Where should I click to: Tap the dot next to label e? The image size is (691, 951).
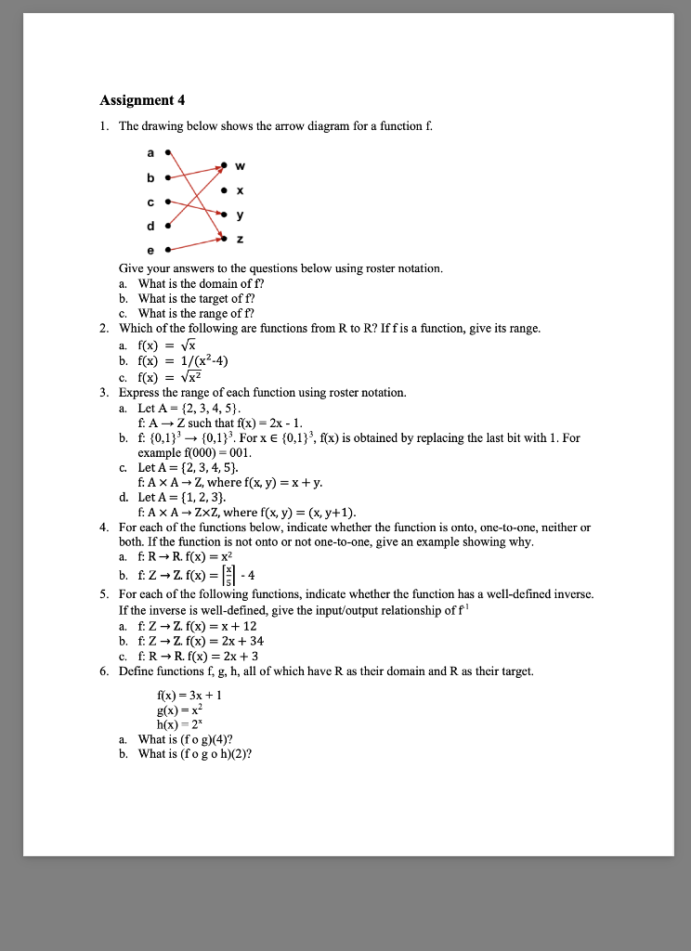coord(167,250)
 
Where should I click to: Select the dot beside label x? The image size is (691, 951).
coord(224,191)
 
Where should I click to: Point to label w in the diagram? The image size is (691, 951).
coord(241,167)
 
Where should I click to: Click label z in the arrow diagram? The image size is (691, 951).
coord(241,239)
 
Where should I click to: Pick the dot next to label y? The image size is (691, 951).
coord(224,215)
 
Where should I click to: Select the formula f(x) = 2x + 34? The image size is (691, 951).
coord(223,641)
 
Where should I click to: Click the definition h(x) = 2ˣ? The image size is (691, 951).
coord(178,724)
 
